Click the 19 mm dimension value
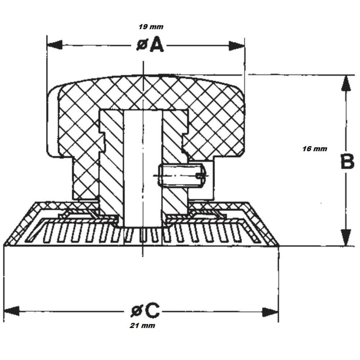[x=150, y=27]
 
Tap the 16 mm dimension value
[x=315, y=149]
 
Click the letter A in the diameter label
[x=156, y=45]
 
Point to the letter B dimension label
[x=347, y=162]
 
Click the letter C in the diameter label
[x=151, y=311]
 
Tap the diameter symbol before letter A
[x=142, y=46]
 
